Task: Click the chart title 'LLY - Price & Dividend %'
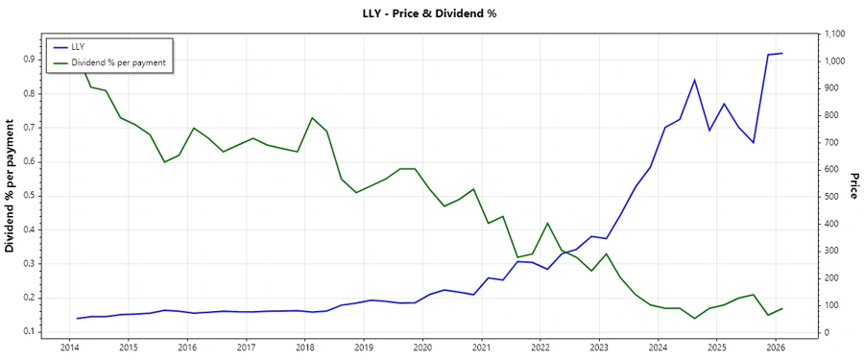(x=431, y=13)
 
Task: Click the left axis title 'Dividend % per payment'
(x=11, y=185)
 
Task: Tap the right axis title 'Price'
(x=853, y=185)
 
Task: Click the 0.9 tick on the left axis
(x=29, y=59)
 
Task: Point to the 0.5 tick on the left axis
(x=29, y=196)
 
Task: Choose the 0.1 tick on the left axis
(x=29, y=332)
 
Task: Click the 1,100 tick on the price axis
(x=835, y=35)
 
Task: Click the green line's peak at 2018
(x=312, y=118)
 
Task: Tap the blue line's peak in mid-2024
(x=694, y=80)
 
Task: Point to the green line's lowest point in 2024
(x=694, y=319)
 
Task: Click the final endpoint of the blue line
(x=782, y=54)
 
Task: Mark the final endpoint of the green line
(x=782, y=308)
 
